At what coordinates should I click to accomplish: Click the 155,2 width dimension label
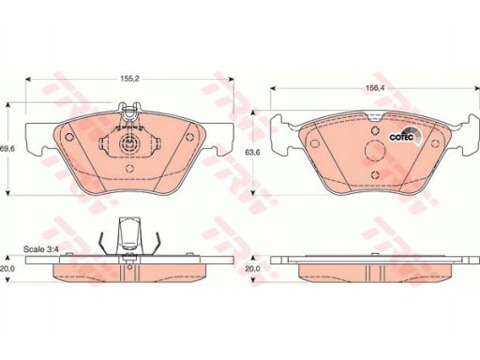tap(129, 79)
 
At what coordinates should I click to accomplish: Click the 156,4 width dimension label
tap(375, 88)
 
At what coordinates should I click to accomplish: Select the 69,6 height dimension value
tap(7, 149)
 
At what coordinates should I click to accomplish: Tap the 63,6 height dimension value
tap(252, 153)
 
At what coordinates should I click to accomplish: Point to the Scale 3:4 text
tap(41, 249)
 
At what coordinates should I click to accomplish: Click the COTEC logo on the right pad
tap(405, 136)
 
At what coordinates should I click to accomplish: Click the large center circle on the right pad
tap(375, 151)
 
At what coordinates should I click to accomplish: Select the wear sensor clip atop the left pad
tap(129, 112)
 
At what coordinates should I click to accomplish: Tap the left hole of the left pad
tap(69, 137)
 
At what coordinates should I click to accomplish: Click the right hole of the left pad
tap(189, 137)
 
